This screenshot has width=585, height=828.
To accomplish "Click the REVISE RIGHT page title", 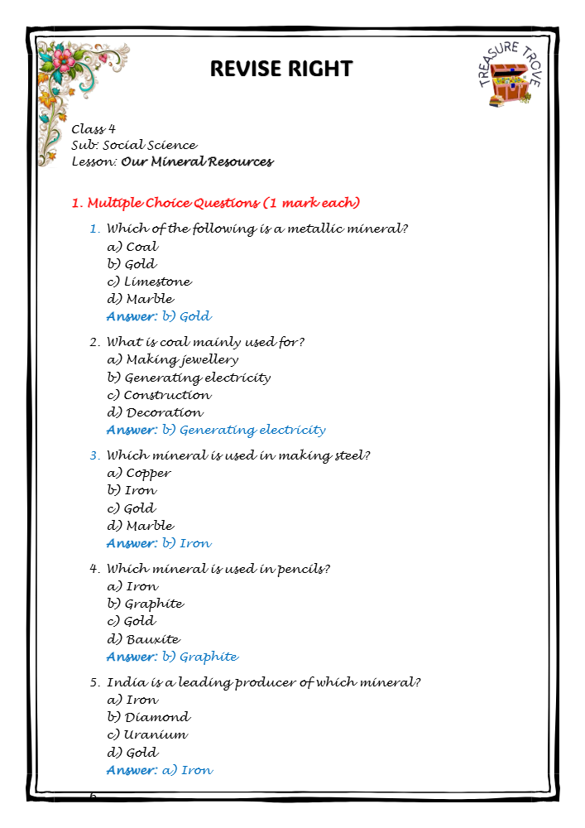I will tap(281, 68).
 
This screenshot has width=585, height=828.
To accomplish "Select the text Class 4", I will tap(94, 128).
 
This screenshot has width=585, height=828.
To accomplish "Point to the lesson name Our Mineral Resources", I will tap(197, 161).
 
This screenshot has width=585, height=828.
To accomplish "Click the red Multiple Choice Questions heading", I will tap(215, 203).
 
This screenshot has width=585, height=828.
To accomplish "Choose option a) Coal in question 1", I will tap(132, 246).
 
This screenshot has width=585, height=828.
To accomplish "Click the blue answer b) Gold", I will tap(159, 316).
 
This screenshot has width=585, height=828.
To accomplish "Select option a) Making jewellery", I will tap(172, 359).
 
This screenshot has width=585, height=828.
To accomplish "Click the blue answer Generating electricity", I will tap(216, 430).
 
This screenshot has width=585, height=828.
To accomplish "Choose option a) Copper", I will tap(139, 473).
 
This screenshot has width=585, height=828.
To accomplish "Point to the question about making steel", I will tap(238, 455).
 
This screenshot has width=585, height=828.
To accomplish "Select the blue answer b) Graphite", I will tap(172, 657).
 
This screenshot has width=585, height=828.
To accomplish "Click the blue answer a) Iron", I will tap(160, 770).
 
